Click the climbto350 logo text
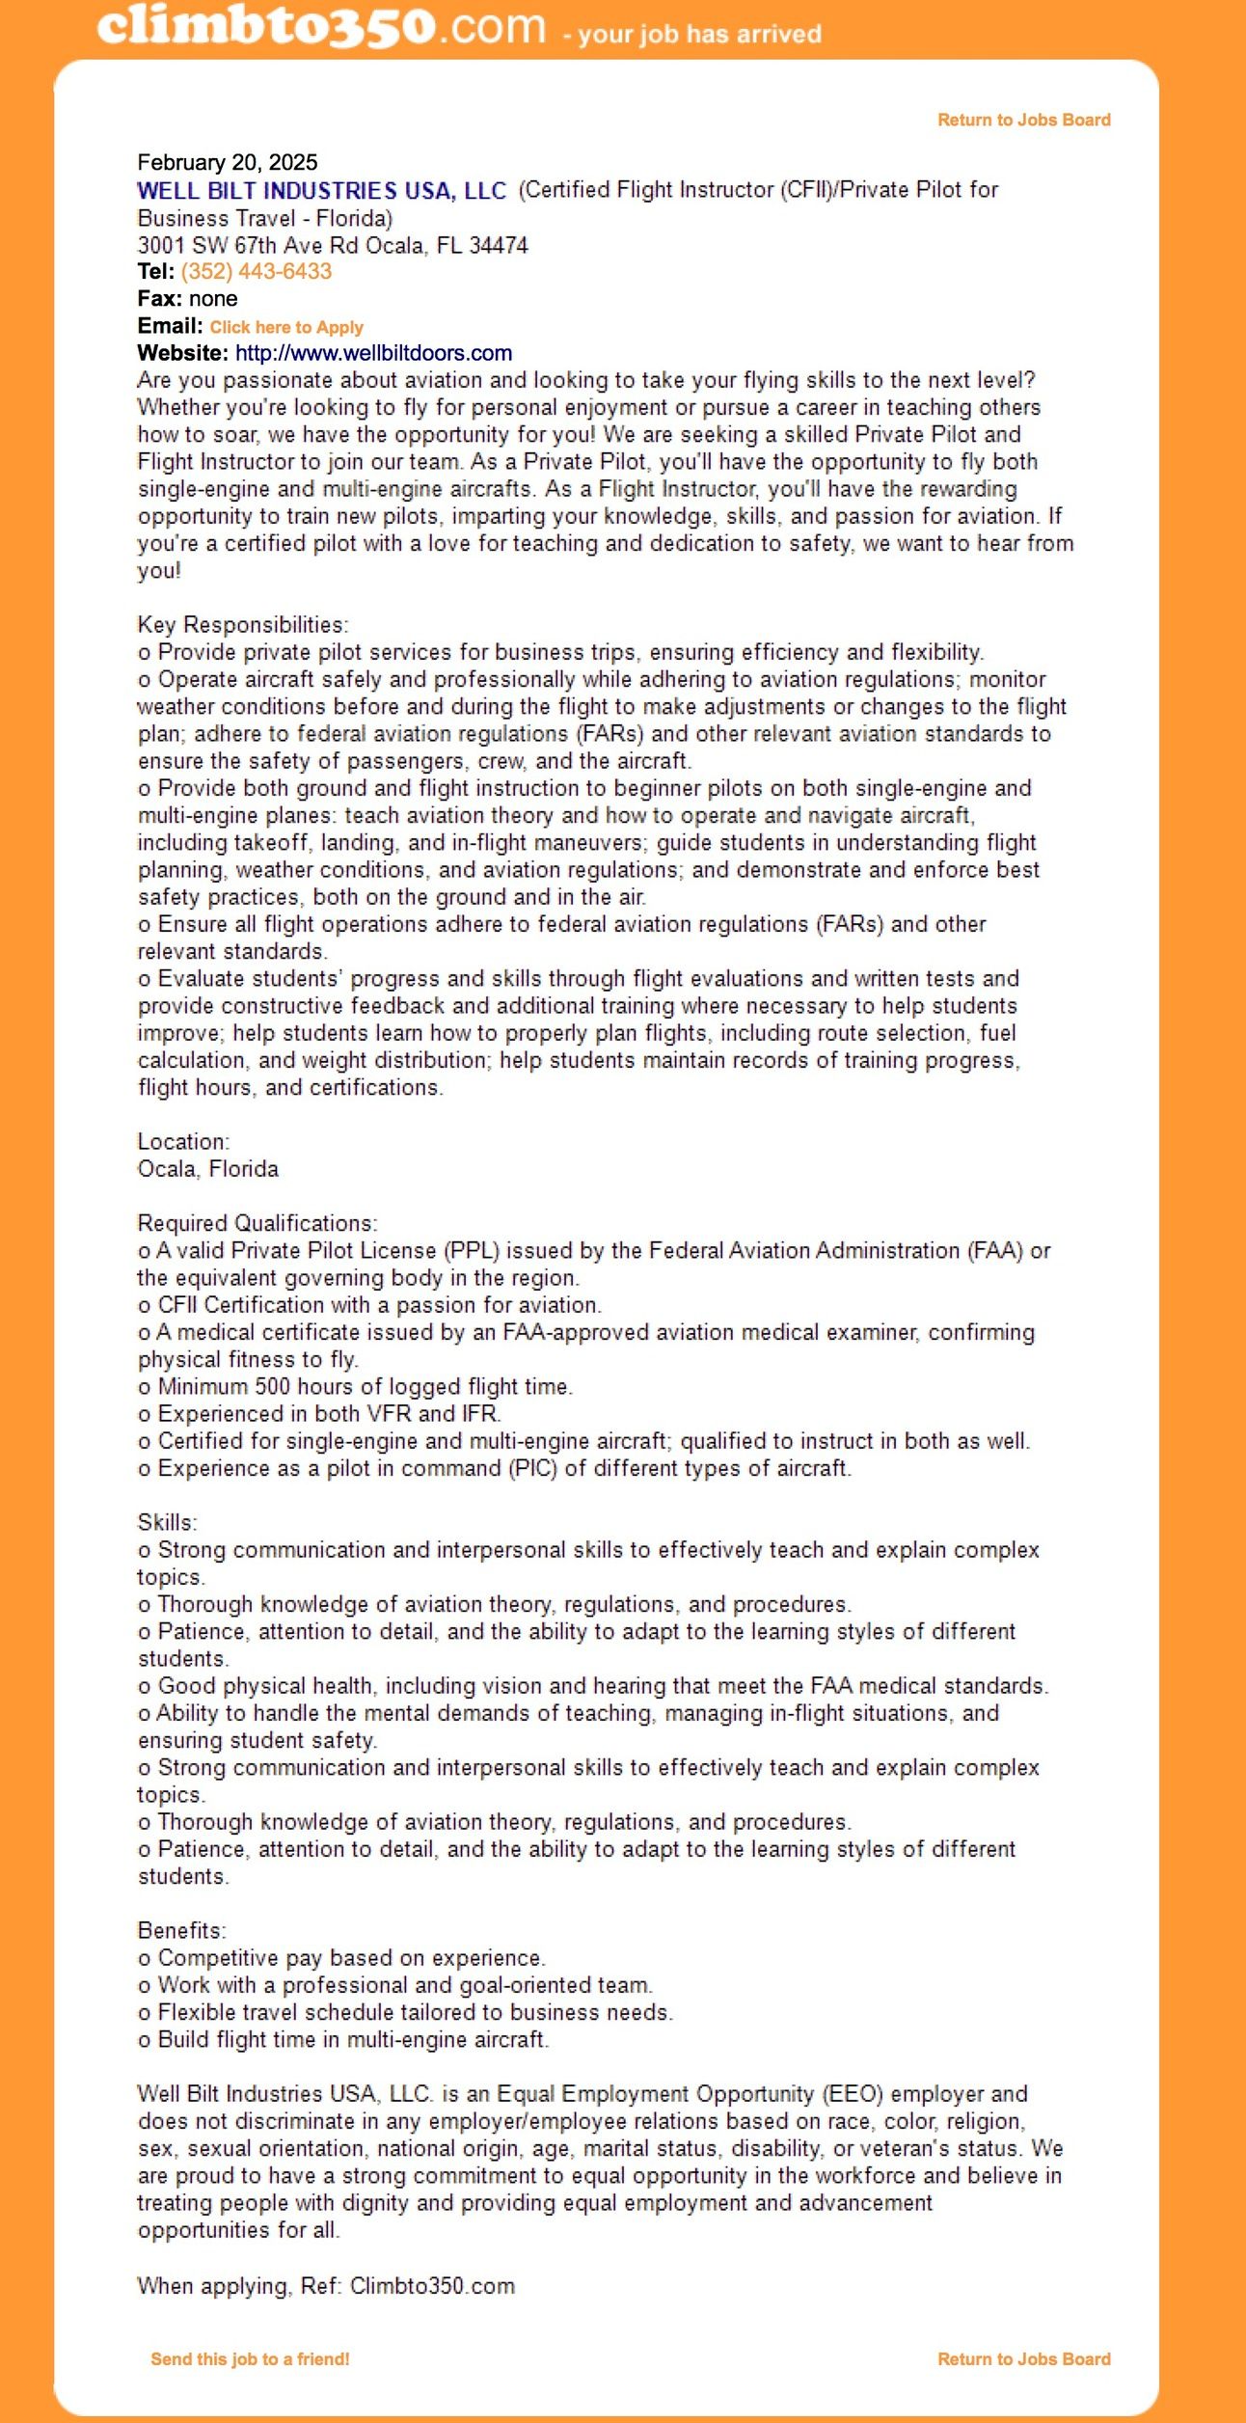click(x=321, y=26)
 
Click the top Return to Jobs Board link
click(x=1023, y=120)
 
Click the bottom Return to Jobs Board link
click(x=1023, y=2358)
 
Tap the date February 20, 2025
click(x=228, y=162)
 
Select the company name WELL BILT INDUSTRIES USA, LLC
click(x=321, y=190)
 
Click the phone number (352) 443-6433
click(x=257, y=271)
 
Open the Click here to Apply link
click(x=286, y=327)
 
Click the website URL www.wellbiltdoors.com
click(x=373, y=353)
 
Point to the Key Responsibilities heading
click(x=243, y=624)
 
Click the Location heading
click(x=183, y=1141)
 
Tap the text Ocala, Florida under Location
click(x=208, y=1168)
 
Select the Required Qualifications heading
click(x=257, y=1223)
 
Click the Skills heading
click(x=167, y=1522)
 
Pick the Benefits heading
click(x=182, y=1930)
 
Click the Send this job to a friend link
click(x=250, y=2358)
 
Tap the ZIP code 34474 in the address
click(x=499, y=245)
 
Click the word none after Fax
click(x=213, y=298)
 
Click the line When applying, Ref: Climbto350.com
click(x=326, y=2285)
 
